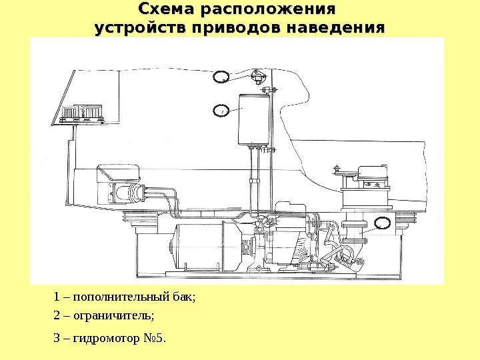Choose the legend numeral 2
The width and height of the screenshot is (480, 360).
tap(57, 314)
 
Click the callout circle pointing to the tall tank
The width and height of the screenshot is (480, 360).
tap(222, 110)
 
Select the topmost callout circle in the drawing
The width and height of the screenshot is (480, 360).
tap(222, 77)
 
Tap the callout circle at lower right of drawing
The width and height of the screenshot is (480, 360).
tap(383, 223)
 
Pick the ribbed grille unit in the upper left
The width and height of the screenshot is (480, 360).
tap(83, 113)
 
